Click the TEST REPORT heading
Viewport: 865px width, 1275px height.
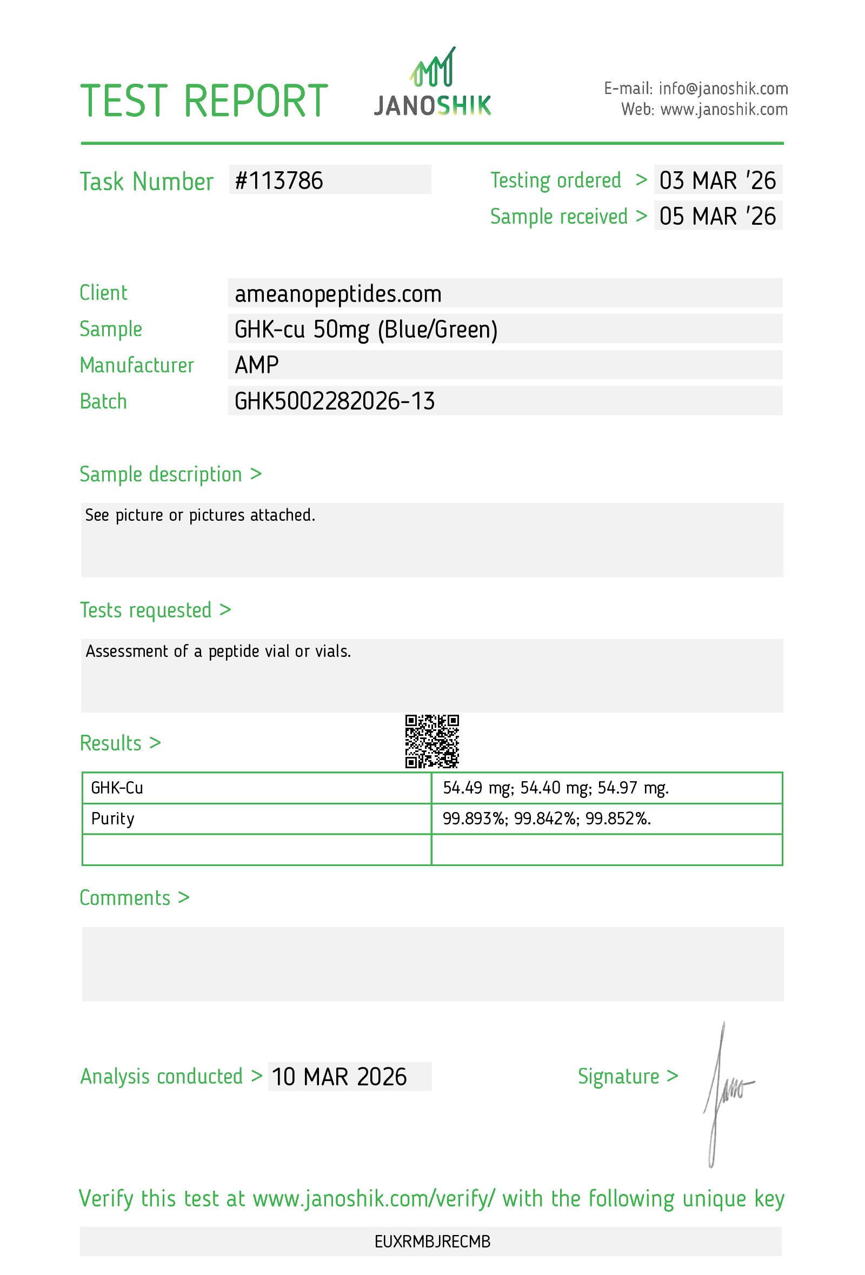click(x=204, y=101)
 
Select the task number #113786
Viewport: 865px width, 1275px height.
click(x=279, y=181)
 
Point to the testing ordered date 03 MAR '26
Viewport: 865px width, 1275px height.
click(x=717, y=180)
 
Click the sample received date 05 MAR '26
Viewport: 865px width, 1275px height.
click(x=717, y=216)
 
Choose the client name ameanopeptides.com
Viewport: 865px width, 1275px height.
click(x=338, y=294)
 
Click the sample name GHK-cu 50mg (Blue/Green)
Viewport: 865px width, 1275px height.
click(x=366, y=329)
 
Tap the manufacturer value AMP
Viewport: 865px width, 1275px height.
click(x=257, y=365)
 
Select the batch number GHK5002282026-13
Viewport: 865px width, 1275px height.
click(x=335, y=401)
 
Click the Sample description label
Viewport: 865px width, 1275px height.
click(x=161, y=474)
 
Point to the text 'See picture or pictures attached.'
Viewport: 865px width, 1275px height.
click(x=201, y=515)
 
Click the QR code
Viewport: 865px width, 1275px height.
click(x=432, y=741)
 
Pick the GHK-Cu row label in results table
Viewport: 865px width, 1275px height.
click(x=117, y=788)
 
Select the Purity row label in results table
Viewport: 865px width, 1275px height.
click(x=112, y=818)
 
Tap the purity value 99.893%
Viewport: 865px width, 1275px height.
click(x=474, y=818)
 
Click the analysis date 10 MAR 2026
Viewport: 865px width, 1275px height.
click(x=339, y=1077)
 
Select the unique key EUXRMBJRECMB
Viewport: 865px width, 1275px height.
click(x=432, y=1242)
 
